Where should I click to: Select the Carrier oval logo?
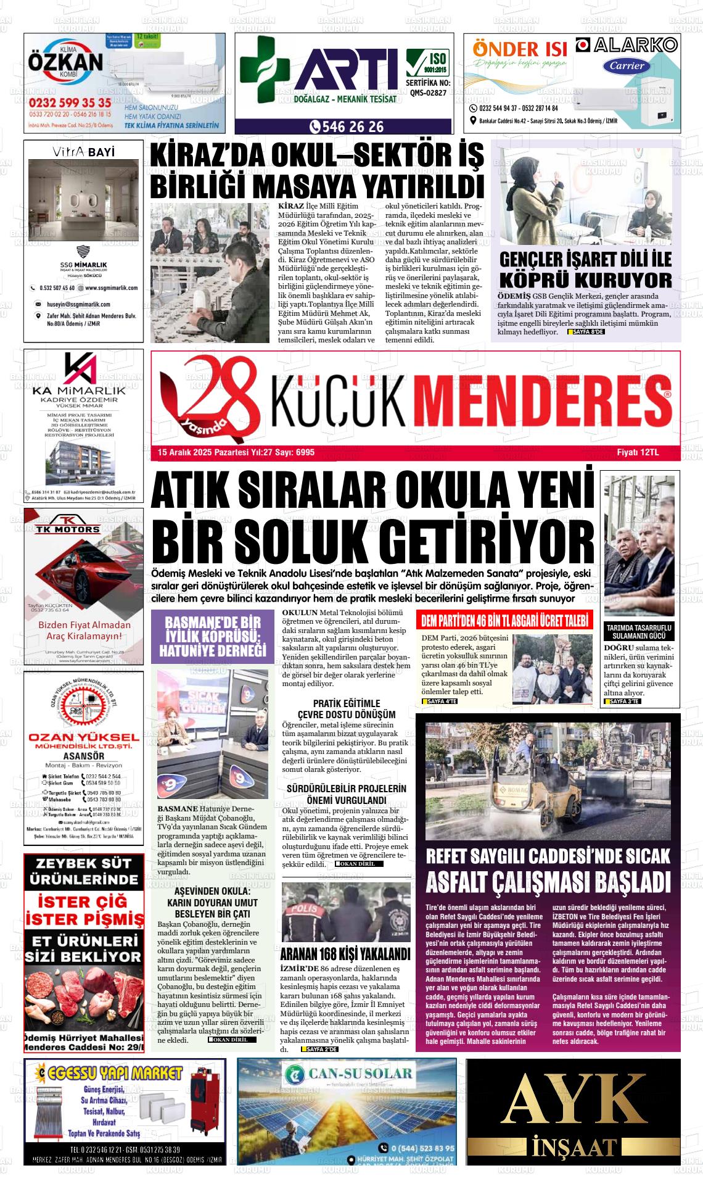pos(627,66)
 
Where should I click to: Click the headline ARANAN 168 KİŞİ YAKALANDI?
pos(345,954)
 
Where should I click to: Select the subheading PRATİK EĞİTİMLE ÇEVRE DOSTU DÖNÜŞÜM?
pos(346,709)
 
